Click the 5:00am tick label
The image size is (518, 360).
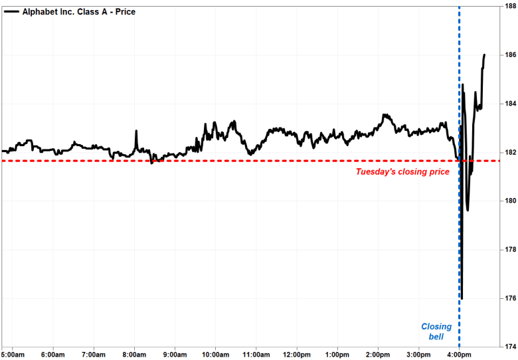tap(13, 354)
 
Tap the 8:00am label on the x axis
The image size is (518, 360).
tap(135, 354)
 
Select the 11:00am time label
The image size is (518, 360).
tap(256, 354)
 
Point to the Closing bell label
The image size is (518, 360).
tap(436, 332)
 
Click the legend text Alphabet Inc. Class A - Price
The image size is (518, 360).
tap(79, 12)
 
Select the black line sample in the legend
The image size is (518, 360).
tap(11, 12)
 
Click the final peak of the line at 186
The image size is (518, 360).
tap(484, 54)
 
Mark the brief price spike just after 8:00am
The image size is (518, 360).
tap(136, 132)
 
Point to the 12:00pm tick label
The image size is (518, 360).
tap(297, 354)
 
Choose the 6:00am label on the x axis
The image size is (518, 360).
tap(54, 354)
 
